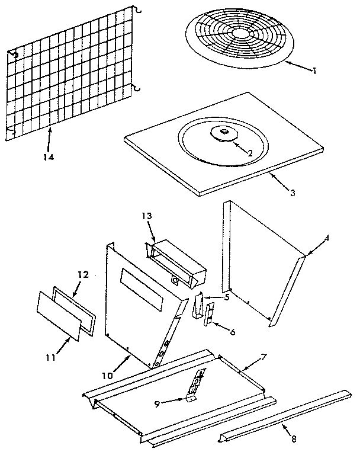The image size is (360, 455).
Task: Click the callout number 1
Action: [x=315, y=71]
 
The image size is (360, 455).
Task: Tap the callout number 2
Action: [x=251, y=153]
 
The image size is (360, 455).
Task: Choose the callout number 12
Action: [x=82, y=275]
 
